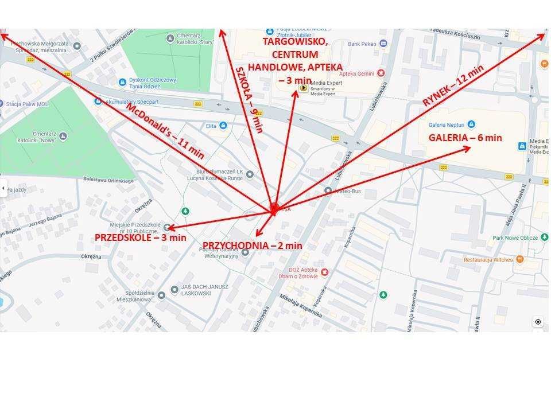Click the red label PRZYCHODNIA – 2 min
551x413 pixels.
[253, 246]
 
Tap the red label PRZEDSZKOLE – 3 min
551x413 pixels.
[141, 237]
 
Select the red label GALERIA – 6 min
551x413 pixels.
[465, 138]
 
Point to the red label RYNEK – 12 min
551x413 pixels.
[453, 85]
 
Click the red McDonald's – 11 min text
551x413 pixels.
[164, 131]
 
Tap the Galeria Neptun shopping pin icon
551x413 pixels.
[471, 124]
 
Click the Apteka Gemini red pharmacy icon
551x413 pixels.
[381, 73]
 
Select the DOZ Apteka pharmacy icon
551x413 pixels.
[324, 271]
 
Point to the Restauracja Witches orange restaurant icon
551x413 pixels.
[520, 259]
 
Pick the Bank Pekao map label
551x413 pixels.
[362, 44]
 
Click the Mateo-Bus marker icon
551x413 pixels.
[328, 190]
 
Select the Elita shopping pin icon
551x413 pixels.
[223, 126]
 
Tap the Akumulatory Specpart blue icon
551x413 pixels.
[98, 102]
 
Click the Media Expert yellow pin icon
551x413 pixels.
[302, 88]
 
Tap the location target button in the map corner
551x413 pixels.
[538, 322]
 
